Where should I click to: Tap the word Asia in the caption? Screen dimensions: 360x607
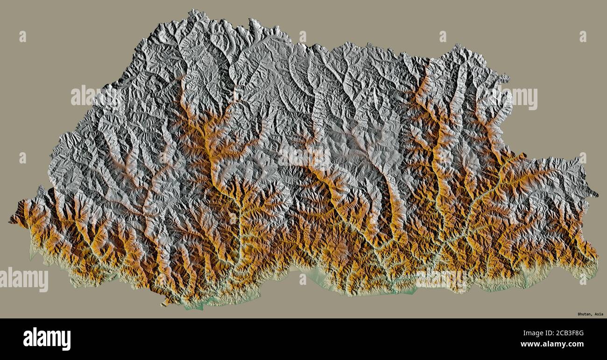[598, 314]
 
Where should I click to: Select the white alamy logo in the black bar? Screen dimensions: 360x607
[47, 339]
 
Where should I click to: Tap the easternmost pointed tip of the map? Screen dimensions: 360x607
[597, 195]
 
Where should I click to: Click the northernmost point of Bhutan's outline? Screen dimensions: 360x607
[193, 10]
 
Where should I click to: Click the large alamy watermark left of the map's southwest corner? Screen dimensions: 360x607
[24, 279]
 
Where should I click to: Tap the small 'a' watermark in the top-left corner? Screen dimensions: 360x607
[22, 36]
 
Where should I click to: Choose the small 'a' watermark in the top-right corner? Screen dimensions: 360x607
[583, 36]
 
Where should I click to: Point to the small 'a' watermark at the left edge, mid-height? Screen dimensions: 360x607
[22, 158]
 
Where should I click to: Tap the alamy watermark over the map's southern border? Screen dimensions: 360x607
[441, 279]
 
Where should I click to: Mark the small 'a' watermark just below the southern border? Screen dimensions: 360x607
[303, 279]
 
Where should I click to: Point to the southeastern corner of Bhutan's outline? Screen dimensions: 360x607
[596, 275]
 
